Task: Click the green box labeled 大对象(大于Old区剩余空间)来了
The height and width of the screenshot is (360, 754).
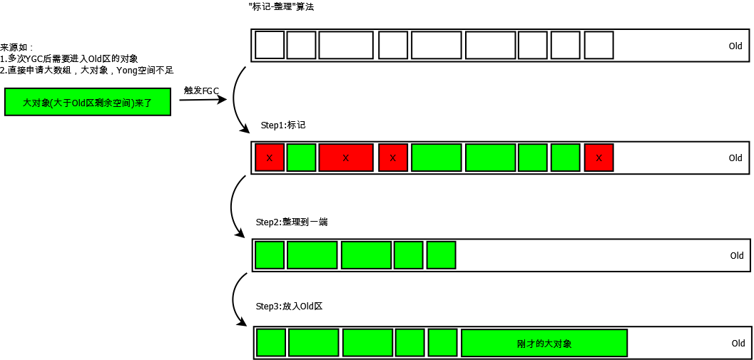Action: (88, 102)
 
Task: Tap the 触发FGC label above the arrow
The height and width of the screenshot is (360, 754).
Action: (202, 91)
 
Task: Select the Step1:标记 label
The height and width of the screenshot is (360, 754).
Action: (282, 125)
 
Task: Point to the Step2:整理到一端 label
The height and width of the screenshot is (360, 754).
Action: (292, 222)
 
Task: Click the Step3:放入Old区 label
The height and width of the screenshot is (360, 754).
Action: (289, 306)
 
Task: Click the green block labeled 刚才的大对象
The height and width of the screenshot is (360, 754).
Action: (544, 344)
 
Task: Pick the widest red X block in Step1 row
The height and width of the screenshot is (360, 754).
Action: (346, 158)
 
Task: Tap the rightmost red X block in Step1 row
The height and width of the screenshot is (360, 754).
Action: (598, 158)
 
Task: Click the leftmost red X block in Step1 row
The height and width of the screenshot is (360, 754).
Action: (270, 158)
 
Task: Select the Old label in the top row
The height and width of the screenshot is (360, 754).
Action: (735, 46)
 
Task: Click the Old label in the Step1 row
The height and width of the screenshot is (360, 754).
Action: (735, 158)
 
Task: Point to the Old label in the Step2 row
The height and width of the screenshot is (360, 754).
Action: (736, 256)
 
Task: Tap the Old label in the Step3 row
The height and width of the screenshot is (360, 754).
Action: (738, 344)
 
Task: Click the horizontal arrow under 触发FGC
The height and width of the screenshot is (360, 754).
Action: (203, 100)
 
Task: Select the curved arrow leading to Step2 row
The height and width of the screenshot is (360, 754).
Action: (234, 207)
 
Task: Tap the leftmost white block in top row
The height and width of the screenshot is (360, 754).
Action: (270, 46)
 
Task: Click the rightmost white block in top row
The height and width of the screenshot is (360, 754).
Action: (598, 46)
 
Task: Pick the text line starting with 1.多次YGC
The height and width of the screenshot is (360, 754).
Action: (69, 58)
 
